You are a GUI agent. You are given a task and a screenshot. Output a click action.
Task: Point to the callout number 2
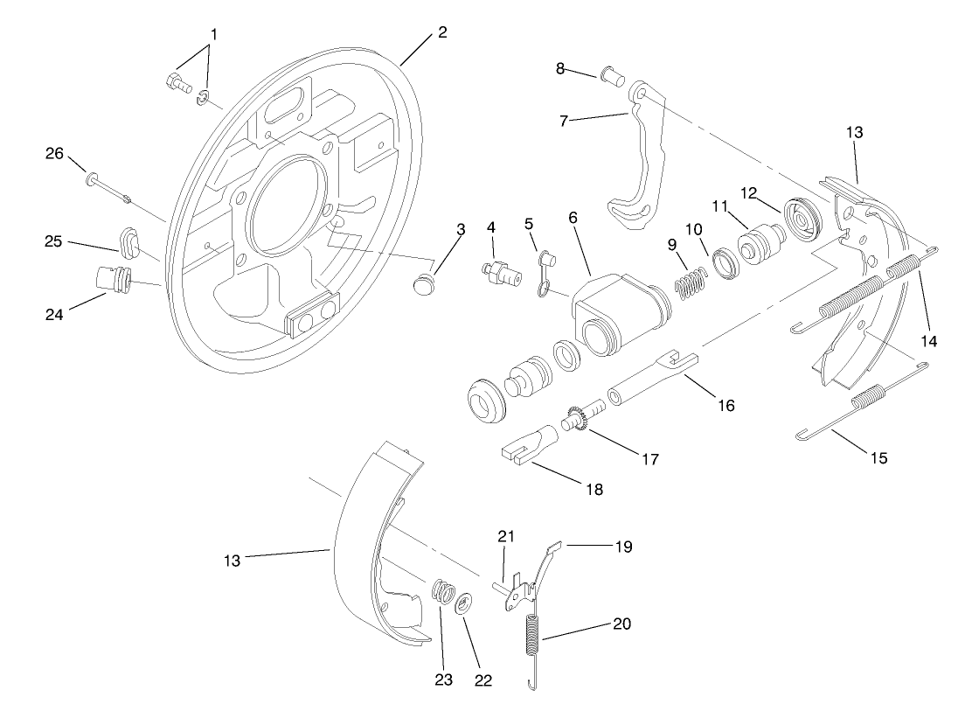click(442, 32)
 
